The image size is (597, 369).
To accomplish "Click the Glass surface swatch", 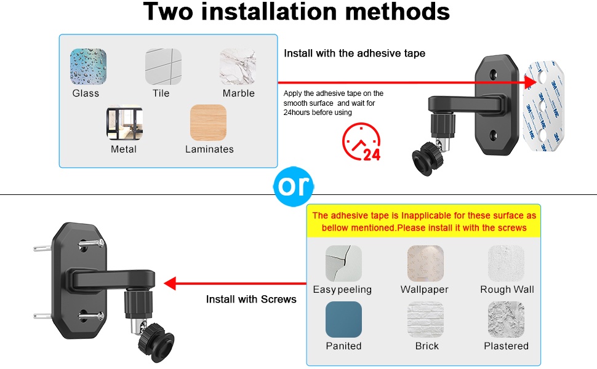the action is coord(88,66).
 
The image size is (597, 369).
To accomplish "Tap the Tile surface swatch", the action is coord(163,66).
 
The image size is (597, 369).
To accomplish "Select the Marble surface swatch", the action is coord(238,66).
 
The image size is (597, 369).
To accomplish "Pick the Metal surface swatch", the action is coord(124,122).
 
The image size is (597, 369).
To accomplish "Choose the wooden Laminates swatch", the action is coord(208,122).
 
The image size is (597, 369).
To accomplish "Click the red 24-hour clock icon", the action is coord(361,141).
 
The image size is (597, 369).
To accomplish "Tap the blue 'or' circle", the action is coord(294,186).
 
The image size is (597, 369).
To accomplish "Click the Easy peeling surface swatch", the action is coord(343,263).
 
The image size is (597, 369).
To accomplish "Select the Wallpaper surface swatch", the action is coord(425,263).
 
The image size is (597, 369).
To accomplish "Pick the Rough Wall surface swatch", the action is coord(506,263).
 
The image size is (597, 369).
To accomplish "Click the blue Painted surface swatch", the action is coord(343,320).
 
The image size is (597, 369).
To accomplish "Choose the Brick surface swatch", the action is coord(425,320).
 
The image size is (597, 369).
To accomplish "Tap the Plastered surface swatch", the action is coord(506,320).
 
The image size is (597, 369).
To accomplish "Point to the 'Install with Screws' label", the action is coord(251,300).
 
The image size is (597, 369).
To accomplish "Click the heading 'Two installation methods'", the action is coord(297,12).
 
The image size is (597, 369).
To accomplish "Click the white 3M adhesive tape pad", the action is coord(543,106).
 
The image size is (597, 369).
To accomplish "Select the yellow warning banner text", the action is coord(424,222).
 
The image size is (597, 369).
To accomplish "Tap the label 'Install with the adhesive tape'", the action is coord(355,54).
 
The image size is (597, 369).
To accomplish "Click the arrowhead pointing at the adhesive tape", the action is coord(531,82).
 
